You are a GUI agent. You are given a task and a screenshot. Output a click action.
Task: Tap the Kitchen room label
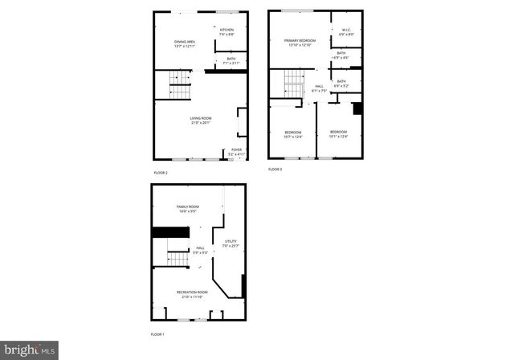click(227, 33)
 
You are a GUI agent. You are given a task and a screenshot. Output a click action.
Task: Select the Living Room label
click(201, 121)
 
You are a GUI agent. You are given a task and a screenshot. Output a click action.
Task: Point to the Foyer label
click(237, 151)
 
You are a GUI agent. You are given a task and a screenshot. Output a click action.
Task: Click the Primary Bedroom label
click(296, 42)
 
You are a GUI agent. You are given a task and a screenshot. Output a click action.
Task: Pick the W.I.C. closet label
click(346, 33)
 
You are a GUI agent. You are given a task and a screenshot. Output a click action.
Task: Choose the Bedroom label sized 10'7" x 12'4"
click(292, 133)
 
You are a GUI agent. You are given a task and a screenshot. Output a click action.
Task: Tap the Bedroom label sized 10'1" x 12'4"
click(338, 133)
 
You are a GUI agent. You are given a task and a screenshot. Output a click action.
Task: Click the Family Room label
click(188, 209)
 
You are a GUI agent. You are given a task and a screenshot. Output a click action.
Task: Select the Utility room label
click(230, 243)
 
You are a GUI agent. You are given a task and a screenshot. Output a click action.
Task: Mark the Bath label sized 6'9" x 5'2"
click(341, 83)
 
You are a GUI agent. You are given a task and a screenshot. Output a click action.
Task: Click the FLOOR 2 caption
click(161, 173)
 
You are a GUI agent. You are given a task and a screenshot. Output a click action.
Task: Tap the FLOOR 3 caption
click(275, 170)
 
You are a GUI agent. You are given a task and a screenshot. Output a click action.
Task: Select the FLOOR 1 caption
click(157, 333)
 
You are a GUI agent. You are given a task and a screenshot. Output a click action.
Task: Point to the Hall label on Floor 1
click(200, 250)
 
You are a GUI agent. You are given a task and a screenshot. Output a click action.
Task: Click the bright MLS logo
click(30, 350)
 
